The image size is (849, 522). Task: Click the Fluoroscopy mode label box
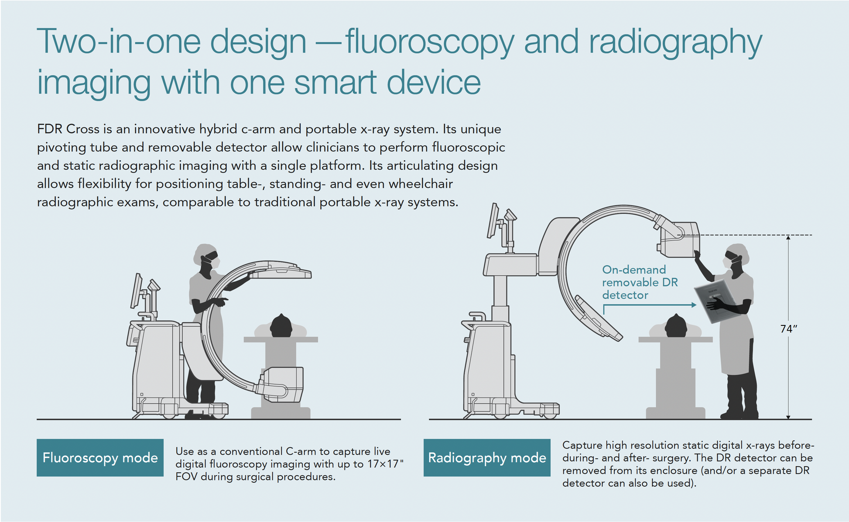coord(100,457)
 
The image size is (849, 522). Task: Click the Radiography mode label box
coord(487,457)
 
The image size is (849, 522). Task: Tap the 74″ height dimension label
coord(789,328)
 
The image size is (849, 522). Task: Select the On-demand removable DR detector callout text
coord(640,282)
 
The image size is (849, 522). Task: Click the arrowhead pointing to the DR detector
coord(694,305)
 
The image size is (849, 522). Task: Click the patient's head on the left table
coord(281,325)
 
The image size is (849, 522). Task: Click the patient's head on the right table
coord(676,325)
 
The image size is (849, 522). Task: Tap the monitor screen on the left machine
coord(137,290)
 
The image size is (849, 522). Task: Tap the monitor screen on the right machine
coord(493,220)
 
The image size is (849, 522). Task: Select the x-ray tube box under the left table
coord(282,384)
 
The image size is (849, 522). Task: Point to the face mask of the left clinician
coord(215,263)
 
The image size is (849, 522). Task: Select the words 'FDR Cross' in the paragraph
coord(68,129)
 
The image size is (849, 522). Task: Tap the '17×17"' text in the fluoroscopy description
coord(385,464)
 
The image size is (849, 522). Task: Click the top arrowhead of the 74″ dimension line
coord(788,238)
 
